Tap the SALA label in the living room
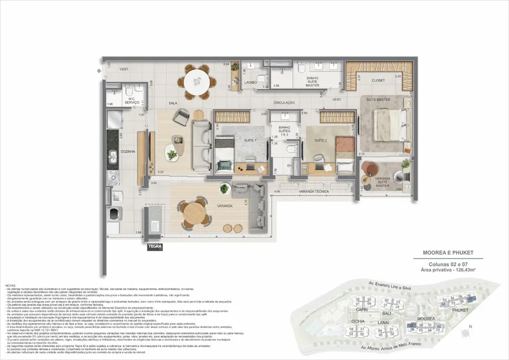(173, 104)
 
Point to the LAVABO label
(251, 81)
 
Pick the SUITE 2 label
(320, 141)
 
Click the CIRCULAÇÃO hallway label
(284, 103)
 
